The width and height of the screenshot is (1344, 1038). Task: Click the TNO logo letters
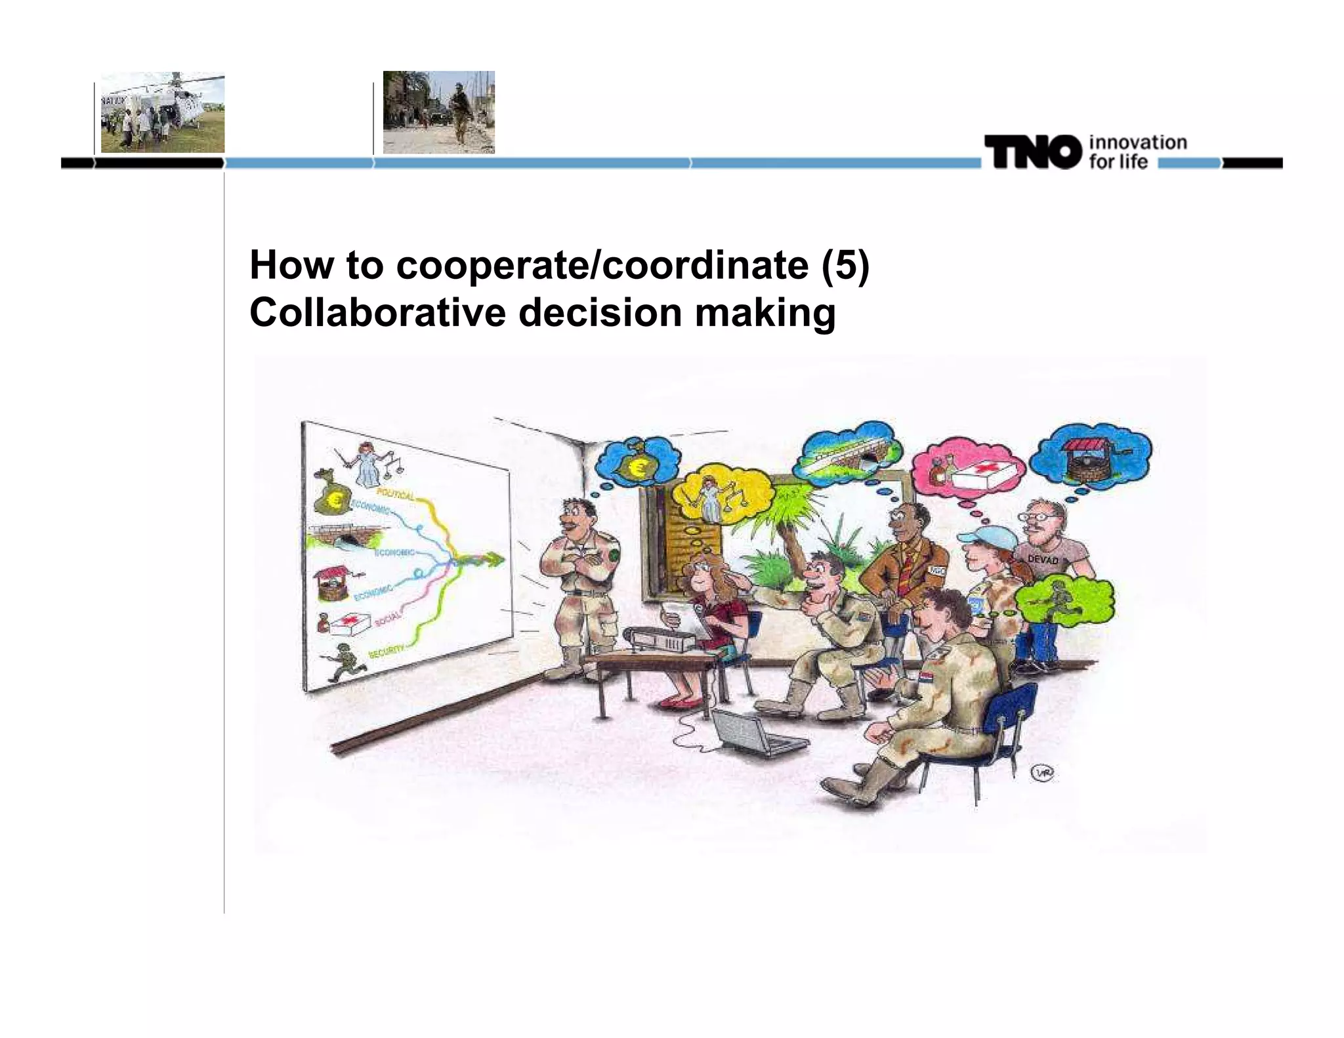(x=1033, y=152)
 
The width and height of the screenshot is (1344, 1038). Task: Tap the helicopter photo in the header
(x=162, y=113)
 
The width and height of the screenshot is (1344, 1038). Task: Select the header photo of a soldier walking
(x=438, y=112)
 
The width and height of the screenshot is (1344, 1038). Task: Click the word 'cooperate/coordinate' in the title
(x=602, y=265)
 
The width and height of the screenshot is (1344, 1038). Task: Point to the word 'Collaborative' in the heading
(x=377, y=312)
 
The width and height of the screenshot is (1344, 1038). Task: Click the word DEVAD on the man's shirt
(x=1043, y=559)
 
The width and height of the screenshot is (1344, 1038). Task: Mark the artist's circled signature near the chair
(x=1044, y=774)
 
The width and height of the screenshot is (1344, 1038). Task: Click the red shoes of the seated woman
(x=676, y=702)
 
